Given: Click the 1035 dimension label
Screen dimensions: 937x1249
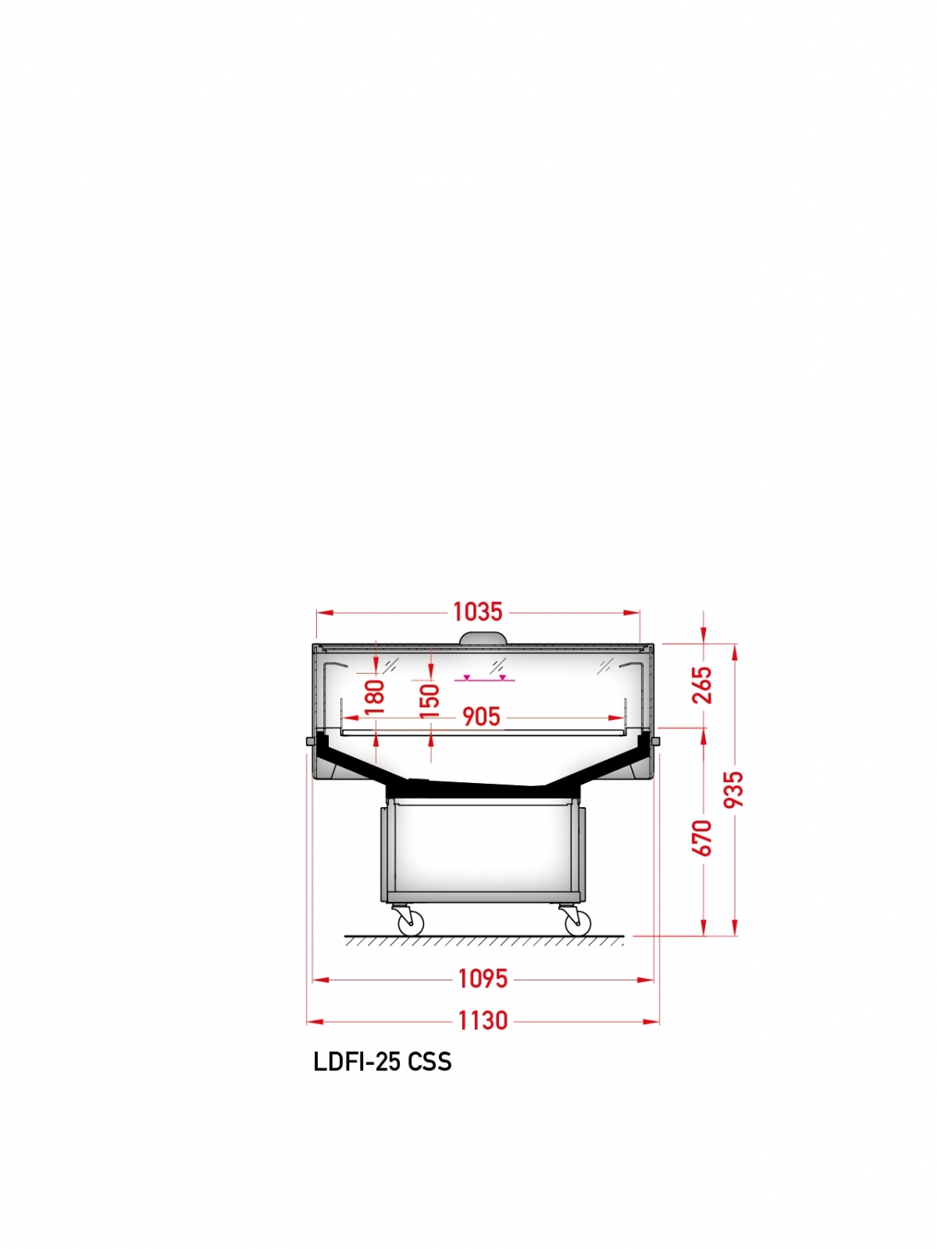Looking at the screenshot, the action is pyautogui.click(x=478, y=612).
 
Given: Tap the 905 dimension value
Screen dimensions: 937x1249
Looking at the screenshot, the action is pyautogui.click(x=481, y=717).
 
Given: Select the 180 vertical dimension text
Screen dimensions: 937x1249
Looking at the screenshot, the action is pyautogui.click(x=375, y=696).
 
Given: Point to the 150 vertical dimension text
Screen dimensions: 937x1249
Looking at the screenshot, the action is pyautogui.click(x=430, y=700).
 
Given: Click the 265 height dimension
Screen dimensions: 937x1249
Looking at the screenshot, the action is pyautogui.click(x=703, y=685).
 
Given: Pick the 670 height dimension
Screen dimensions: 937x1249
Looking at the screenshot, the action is pyautogui.click(x=703, y=838).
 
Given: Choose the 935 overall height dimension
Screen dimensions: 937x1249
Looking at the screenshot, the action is pyautogui.click(x=734, y=789).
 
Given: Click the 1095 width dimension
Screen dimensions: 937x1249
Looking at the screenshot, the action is pyautogui.click(x=483, y=979).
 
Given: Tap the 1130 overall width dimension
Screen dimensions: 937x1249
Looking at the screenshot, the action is pyautogui.click(x=483, y=1021).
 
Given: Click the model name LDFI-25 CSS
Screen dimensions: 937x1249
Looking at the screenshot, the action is pyautogui.click(x=383, y=1062).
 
